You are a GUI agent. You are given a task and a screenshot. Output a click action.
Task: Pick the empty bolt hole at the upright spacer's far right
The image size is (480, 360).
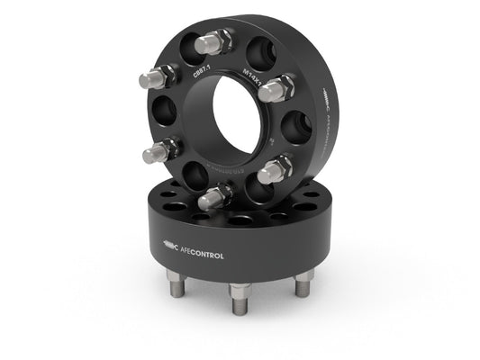click(296, 127)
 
